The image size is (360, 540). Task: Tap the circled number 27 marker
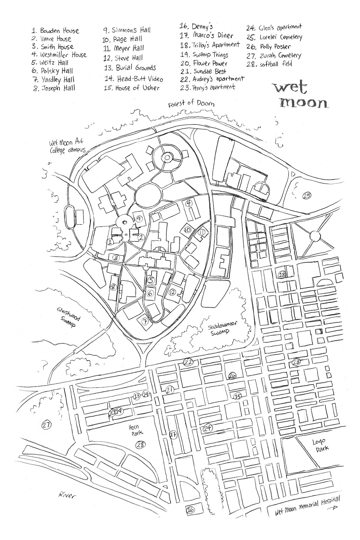[46, 425]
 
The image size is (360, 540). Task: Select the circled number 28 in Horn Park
[141, 444]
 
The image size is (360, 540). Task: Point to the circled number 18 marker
[282, 274]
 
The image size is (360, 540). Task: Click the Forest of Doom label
[191, 103]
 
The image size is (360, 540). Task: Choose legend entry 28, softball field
[270, 64]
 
